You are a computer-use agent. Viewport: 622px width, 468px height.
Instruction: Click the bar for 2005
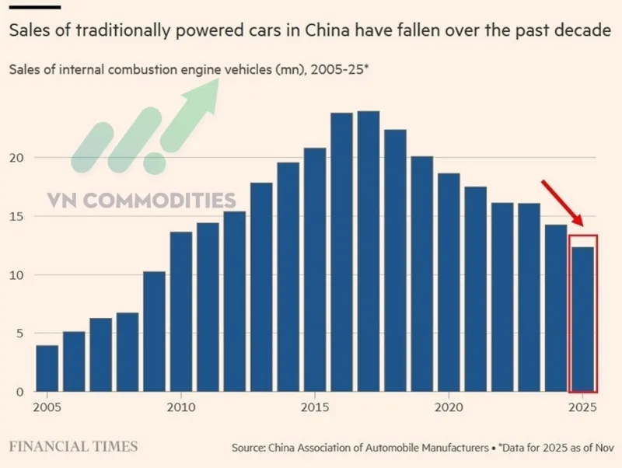click(x=47, y=368)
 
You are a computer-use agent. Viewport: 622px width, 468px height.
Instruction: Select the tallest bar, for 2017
click(x=369, y=251)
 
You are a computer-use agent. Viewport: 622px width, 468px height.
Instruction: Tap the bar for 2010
click(x=181, y=312)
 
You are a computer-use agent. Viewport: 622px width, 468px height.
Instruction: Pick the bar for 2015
click(x=315, y=270)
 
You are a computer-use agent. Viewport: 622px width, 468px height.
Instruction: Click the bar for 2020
click(x=449, y=282)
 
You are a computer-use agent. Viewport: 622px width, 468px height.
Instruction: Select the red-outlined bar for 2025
click(x=582, y=320)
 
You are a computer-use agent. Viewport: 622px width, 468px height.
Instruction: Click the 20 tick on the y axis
click(x=17, y=158)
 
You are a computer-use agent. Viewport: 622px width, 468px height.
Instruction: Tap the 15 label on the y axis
click(x=17, y=217)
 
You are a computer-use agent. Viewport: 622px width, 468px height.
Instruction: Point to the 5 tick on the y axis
click(x=20, y=334)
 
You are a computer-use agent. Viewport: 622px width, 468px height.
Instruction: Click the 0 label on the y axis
click(x=20, y=392)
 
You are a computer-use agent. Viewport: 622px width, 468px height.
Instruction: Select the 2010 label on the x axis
click(x=181, y=407)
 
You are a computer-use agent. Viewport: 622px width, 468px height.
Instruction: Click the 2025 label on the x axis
click(x=582, y=407)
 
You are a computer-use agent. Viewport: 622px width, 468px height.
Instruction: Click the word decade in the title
click(x=582, y=30)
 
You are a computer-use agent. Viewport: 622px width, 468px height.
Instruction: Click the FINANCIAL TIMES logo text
click(x=73, y=446)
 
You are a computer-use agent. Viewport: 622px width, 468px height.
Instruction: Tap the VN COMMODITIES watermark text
click(x=142, y=200)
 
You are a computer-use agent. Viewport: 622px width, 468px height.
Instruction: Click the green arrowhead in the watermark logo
click(x=201, y=96)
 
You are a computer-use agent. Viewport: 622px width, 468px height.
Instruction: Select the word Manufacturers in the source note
click(x=455, y=448)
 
